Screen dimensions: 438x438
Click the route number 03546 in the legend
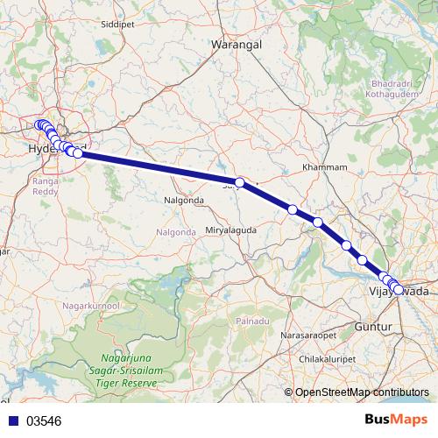44,421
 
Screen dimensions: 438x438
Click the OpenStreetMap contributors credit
361,393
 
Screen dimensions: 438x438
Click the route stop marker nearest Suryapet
240,181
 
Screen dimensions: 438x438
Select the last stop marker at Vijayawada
399,289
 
